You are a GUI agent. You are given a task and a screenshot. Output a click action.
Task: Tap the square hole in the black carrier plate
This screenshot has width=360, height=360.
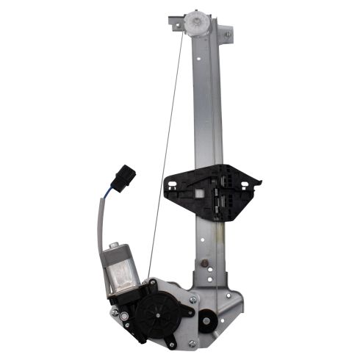(x=200, y=192)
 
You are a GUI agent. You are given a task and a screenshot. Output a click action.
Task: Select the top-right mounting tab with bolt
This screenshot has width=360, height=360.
(x=227, y=34)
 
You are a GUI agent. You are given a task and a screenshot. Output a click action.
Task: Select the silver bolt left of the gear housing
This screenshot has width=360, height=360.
(x=115, y=313)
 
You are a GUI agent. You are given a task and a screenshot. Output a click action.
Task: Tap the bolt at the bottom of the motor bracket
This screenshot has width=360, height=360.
(x=170, y=342)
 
